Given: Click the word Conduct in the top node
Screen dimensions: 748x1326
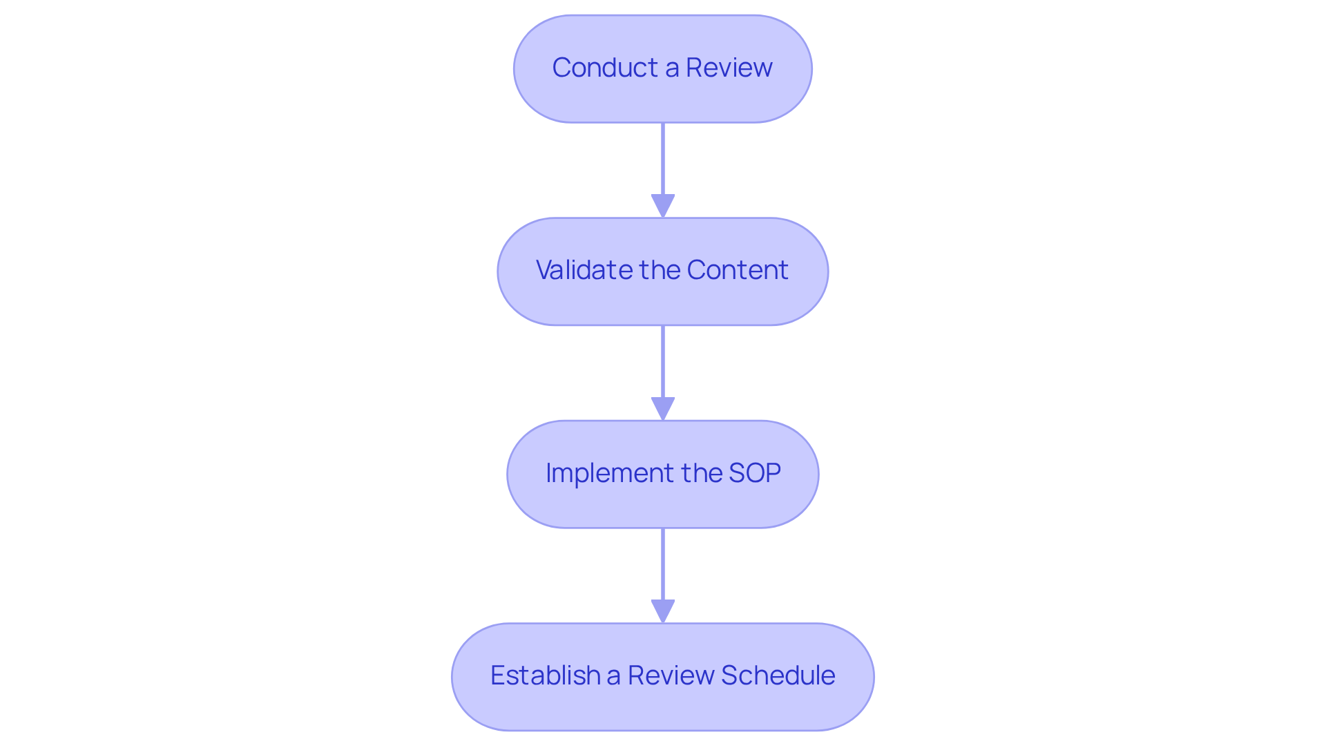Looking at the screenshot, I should [605, 68].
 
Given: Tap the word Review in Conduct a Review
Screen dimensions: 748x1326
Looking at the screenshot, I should [729, 68].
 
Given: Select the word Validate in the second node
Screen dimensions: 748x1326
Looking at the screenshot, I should [584, 270].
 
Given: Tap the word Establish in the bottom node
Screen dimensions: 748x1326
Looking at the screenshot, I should [545, 675].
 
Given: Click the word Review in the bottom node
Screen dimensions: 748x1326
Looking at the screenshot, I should [670, 675].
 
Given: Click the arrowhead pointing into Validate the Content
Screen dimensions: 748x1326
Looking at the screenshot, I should [663, 206].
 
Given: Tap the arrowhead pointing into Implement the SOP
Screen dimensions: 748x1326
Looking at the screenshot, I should [663, 408].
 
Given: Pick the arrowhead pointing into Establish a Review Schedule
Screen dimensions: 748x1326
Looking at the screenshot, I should [663, 611].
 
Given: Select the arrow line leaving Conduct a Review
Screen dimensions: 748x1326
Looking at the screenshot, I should [663, 159].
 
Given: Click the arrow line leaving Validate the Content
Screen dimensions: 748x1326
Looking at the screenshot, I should [663, 361].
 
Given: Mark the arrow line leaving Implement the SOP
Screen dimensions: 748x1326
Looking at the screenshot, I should [663, 564].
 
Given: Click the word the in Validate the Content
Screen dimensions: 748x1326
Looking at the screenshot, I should [660, 270].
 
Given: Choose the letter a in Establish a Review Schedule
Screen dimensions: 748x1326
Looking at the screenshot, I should [613, 676].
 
